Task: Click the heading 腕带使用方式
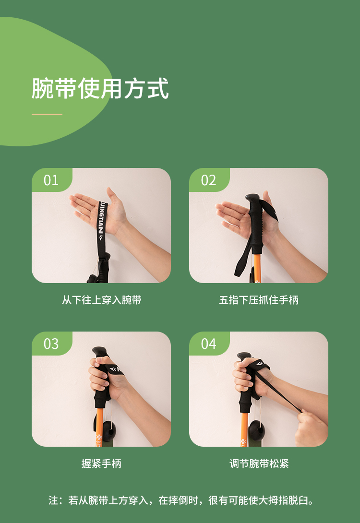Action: click(x=100, y=88)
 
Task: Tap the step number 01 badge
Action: click(x=51, y=180)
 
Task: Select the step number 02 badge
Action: click(x=209, y=180)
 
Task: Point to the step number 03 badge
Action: click(x=51, y=344)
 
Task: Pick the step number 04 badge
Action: click(x=209, y=344)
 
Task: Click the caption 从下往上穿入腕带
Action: click(x=101, y=300)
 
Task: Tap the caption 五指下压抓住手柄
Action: click(x=259, y=300)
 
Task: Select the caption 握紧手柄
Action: click(x=101, y=464)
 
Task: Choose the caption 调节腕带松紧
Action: click(x=259, y=464)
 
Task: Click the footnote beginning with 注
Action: click(x=181, y=500)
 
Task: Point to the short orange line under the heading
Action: click(x=47, y=114)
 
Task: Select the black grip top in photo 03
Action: click(x=99, y=352)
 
